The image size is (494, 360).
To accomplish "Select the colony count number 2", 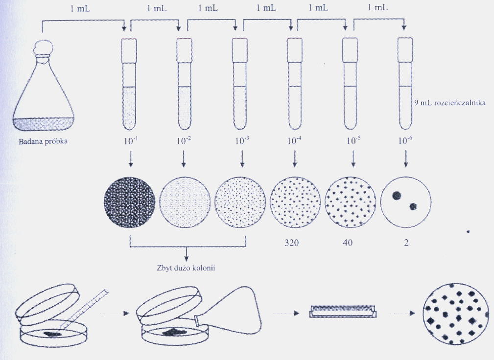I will pos(406,242).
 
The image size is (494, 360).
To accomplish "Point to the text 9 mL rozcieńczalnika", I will pos(450,103).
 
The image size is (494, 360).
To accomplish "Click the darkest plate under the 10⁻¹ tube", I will pos(130,201).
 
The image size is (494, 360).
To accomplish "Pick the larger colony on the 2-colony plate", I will pos(397,195).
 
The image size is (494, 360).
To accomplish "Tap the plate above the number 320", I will pos(295,201).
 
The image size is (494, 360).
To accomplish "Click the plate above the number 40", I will pos(351,201).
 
